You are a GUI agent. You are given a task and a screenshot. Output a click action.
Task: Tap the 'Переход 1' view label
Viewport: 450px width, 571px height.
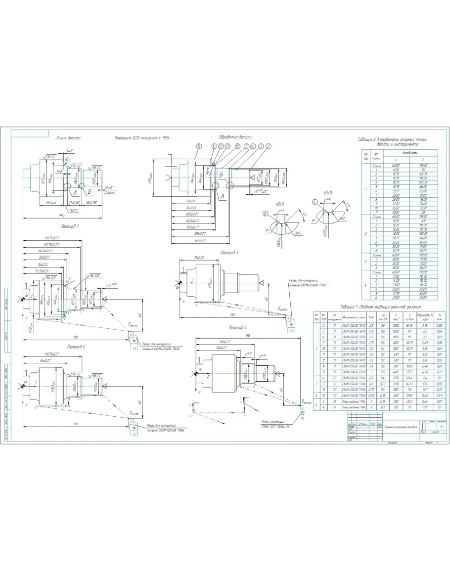pos(70,225)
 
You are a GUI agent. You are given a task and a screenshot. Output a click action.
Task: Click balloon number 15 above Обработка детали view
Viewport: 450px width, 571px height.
pos(199,146)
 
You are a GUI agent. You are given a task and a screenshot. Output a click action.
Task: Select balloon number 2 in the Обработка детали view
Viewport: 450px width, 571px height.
pos(268,146)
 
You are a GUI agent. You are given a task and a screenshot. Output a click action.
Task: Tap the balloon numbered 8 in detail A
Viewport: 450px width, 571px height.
pos(266,214)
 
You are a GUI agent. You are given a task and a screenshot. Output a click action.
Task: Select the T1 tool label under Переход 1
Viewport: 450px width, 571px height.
pos(135,349)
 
